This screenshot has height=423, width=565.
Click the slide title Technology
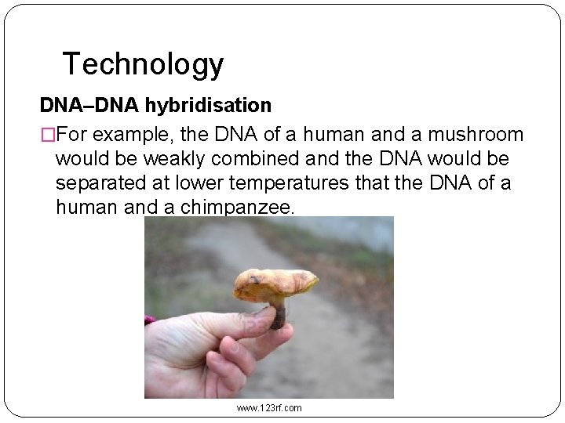click(x=143, y=63)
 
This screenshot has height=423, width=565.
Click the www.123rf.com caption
click(x=269, y=407)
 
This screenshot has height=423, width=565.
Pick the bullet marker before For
click(x=47, y=135)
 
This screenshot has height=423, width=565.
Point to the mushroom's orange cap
click(x=275, y=281)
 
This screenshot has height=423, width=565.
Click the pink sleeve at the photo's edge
click(x=148, y=320)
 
